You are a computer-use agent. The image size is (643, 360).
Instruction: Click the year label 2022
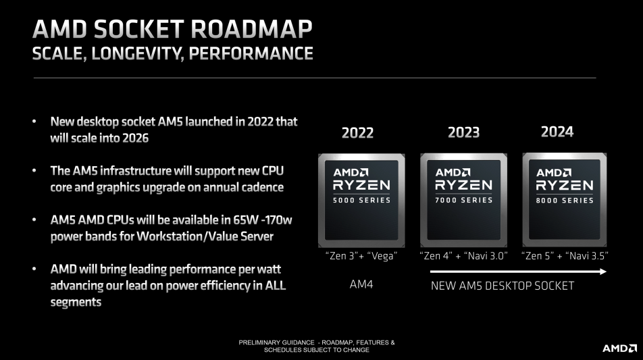click(357, 133)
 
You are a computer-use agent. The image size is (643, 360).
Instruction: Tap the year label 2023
click(463, 132)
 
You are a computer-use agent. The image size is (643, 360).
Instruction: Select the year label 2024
click(557, 132)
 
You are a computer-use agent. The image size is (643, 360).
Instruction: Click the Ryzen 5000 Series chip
click(361, 201)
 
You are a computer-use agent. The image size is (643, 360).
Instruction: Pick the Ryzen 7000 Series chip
click(463, 200)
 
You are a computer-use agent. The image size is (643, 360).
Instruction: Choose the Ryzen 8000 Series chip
click(564, 200)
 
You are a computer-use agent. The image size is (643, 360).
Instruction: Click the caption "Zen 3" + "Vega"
click(361, 256)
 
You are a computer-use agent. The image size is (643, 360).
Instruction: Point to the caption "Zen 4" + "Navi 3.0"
click(463, 256)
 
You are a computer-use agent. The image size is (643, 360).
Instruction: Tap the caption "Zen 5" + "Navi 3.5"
click(565, 256)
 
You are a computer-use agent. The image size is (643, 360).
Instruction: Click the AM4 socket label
click(361, 284)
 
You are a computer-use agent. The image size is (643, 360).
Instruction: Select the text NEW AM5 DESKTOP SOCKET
click(503, 286)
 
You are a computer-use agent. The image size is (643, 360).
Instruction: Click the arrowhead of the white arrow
click(602, 272)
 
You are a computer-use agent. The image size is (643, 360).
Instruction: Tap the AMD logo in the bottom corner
click(619, 348)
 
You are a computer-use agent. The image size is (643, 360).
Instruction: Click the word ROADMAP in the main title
click(251, 29)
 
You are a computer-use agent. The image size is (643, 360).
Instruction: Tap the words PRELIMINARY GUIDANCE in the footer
click(276, 342)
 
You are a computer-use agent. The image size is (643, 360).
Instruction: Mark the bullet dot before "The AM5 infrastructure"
click(34, 171)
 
